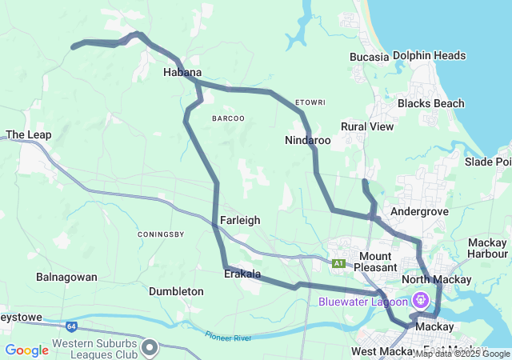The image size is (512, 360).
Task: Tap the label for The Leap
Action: pyautogui.click(x=28, y=135)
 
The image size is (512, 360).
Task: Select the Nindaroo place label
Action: pyautogui.click(x=307, y=140)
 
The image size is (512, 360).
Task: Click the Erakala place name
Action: pyautogui.click(x=242, y=274)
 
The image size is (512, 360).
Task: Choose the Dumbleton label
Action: pyautogui.click(x=176, y=292)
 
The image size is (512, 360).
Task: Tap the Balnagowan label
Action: pyautogui.click(x=66, y=277)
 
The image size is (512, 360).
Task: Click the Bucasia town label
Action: pyautogui.click(x=369, y=57)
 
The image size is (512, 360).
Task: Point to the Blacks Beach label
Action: pyautogui.click(x=430, y=103)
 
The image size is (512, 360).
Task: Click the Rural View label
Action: pyautogui.click(x=367, y=126)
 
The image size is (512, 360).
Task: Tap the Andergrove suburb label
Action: pyautogui.click(x=417, y=211)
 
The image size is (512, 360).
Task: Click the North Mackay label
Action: pyautogui.click(x=436, y=279)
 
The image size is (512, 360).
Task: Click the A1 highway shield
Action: pyautogui.click(x=339, y=263)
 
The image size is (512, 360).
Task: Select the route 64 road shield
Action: pyautogui.click(x=71, y=326)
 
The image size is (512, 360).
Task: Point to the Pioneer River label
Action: pyautogui.click(x=228, y=338)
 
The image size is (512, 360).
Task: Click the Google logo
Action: pyautogui.click(x=27, y=350)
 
